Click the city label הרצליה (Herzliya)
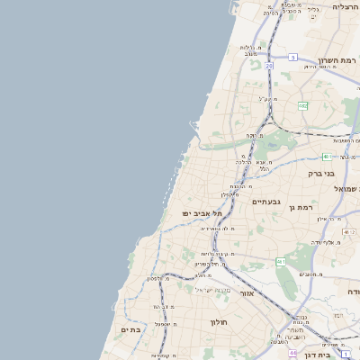tap(345, 6)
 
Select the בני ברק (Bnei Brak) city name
tap(321, 173)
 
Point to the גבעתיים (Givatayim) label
tap(267, 202)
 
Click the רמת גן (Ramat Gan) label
tap(301, 206)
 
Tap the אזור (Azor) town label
tap(247, 293)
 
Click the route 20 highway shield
tap(268, 66)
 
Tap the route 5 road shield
tap(292, 57)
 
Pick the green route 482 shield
tap(302, 105)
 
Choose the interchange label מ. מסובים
tap(310, 274)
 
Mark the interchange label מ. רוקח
tap(254, 136)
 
